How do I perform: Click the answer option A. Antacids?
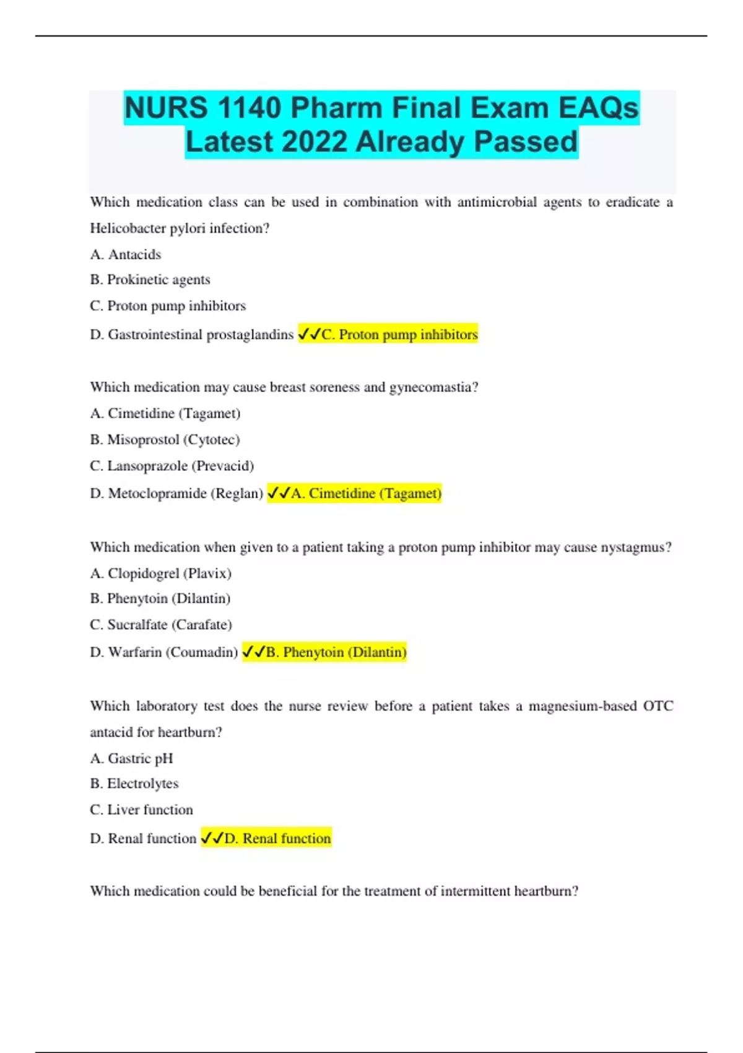click(126, 255)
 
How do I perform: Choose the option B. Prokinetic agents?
click(150, 280)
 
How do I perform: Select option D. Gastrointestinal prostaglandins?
click(192, 334)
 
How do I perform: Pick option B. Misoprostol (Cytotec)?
click(165, 440)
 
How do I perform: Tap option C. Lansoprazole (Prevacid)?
click(172, 466)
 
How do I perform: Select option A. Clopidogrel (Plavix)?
click(161, 574)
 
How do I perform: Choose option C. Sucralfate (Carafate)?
click(161, 625)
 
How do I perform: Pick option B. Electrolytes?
click(134, 784)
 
